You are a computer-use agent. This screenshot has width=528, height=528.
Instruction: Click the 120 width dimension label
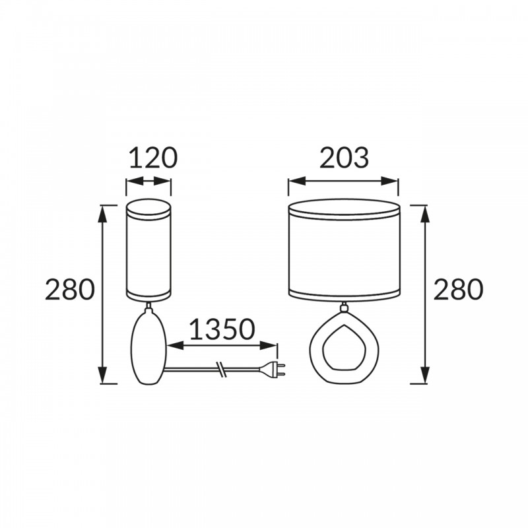coord(153,158)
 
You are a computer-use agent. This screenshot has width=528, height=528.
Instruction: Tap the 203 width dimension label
coord(344,158)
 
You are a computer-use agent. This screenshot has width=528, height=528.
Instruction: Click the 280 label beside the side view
coord(70,289)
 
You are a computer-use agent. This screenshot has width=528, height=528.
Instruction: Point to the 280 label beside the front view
coord(458,289)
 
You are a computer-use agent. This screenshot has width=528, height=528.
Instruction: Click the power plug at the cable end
coord(273,370)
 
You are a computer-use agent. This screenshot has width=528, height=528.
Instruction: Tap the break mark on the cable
coord(221,370)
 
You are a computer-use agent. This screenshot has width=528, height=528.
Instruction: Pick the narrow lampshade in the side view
coord(148,250)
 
